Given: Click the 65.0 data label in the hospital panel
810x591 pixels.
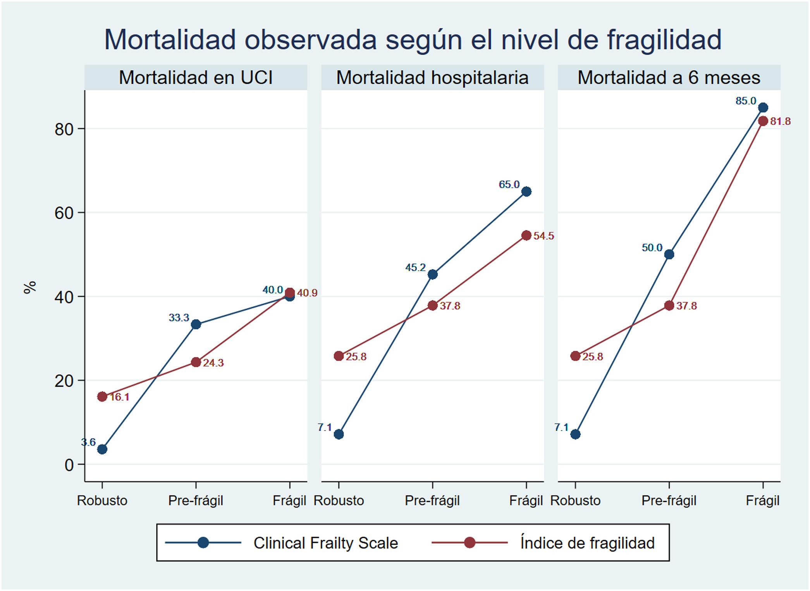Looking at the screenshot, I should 509,185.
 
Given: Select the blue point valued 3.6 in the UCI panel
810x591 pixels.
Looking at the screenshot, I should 102,449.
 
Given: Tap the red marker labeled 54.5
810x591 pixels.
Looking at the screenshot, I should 526,235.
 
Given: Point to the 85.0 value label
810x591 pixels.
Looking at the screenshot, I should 746,101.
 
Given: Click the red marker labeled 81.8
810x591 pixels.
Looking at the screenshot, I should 763,121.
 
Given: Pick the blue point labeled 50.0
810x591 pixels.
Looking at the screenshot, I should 669,254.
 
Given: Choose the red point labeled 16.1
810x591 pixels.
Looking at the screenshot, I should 102,396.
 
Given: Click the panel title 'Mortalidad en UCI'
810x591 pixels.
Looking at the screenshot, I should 196,78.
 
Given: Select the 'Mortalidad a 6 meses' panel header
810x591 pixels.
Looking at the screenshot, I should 669,78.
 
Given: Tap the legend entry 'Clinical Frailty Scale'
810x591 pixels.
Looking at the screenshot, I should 325,543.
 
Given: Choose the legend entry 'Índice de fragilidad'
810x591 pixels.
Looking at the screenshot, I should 587,543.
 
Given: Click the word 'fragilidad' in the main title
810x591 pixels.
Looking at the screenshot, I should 664,40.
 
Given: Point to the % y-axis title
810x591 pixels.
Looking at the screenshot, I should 30,287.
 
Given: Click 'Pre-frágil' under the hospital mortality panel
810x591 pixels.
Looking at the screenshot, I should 432,501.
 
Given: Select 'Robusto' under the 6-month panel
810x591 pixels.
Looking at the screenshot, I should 575,501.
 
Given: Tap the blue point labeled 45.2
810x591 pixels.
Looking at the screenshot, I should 432,275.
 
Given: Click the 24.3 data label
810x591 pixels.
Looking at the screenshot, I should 213,363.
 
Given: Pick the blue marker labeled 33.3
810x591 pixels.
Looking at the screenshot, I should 196,324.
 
